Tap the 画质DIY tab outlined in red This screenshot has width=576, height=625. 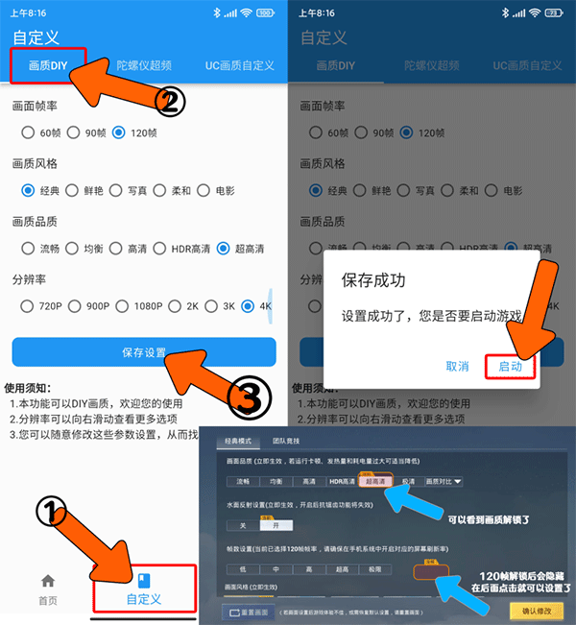[x=48, y=66]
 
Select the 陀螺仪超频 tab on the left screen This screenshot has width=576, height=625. [x=144, y=66]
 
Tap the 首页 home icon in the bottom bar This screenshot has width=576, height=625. [x=48, y=589]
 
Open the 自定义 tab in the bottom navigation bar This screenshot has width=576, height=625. [x=144, y=589]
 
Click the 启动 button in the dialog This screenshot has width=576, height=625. [x=511, y=366]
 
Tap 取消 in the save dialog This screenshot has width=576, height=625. [x=457, y=366]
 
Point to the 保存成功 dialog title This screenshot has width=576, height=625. [x=373, y=280]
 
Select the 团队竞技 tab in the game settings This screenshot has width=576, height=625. [x=286, y=441]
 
